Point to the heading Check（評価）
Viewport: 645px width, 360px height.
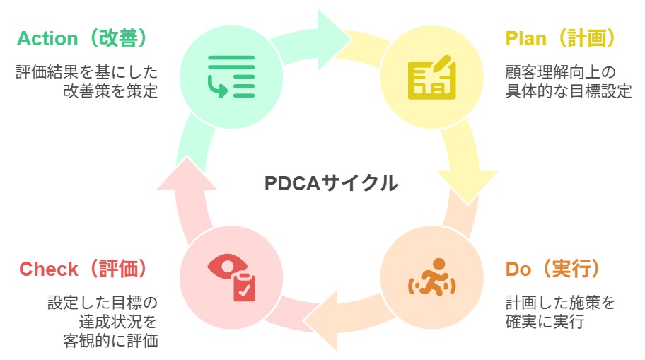pos(83,269)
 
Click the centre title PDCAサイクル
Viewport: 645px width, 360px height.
pos(331,183)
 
